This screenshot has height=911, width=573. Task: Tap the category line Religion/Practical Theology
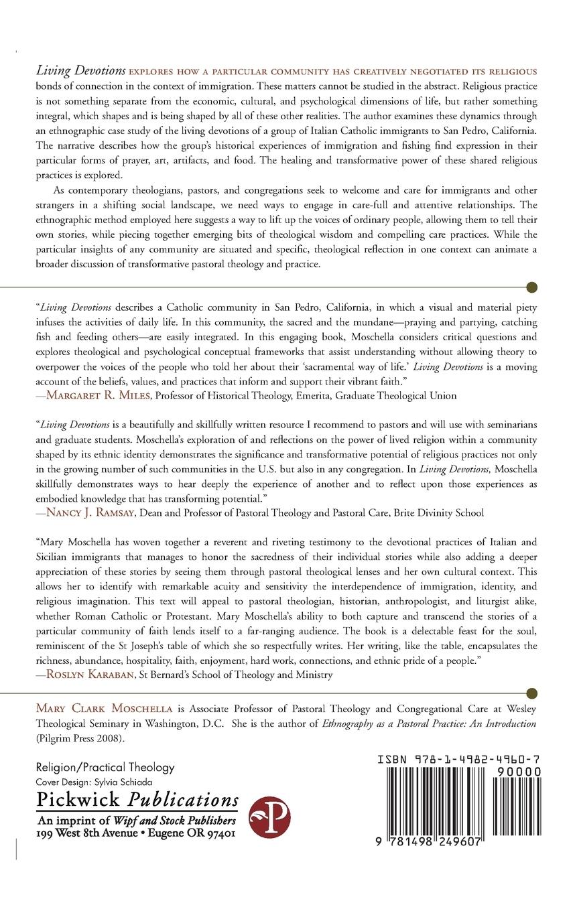[x=105, y=768]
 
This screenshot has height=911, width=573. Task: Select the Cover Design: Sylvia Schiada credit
[x=94, y=782]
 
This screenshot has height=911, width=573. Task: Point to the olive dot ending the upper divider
[x=533, y=287]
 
